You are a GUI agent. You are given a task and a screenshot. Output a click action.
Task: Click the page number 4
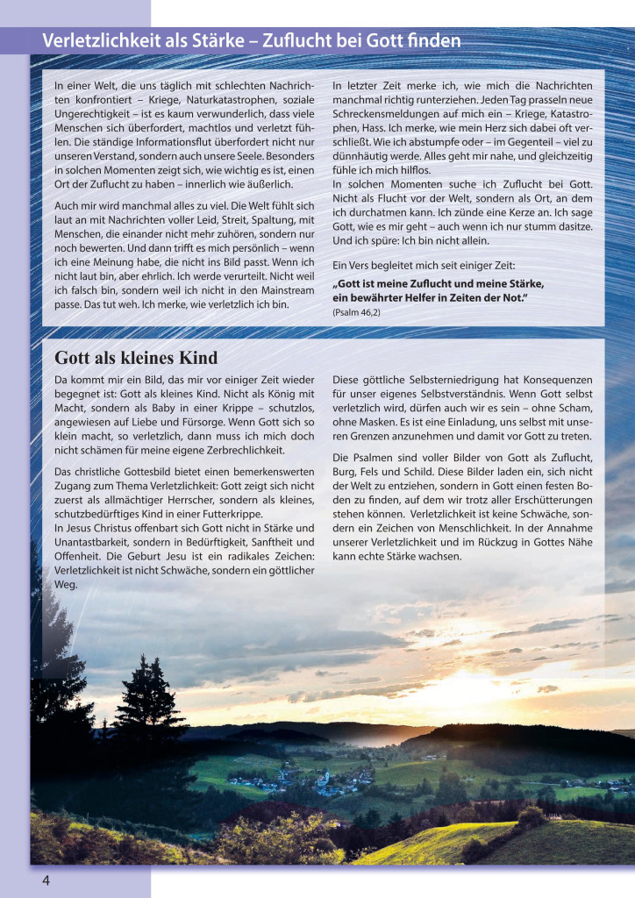(46, 880)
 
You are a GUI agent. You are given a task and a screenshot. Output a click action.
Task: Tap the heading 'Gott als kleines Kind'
(136, 358)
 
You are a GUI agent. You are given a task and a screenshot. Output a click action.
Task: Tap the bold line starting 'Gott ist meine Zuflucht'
(439, 283)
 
